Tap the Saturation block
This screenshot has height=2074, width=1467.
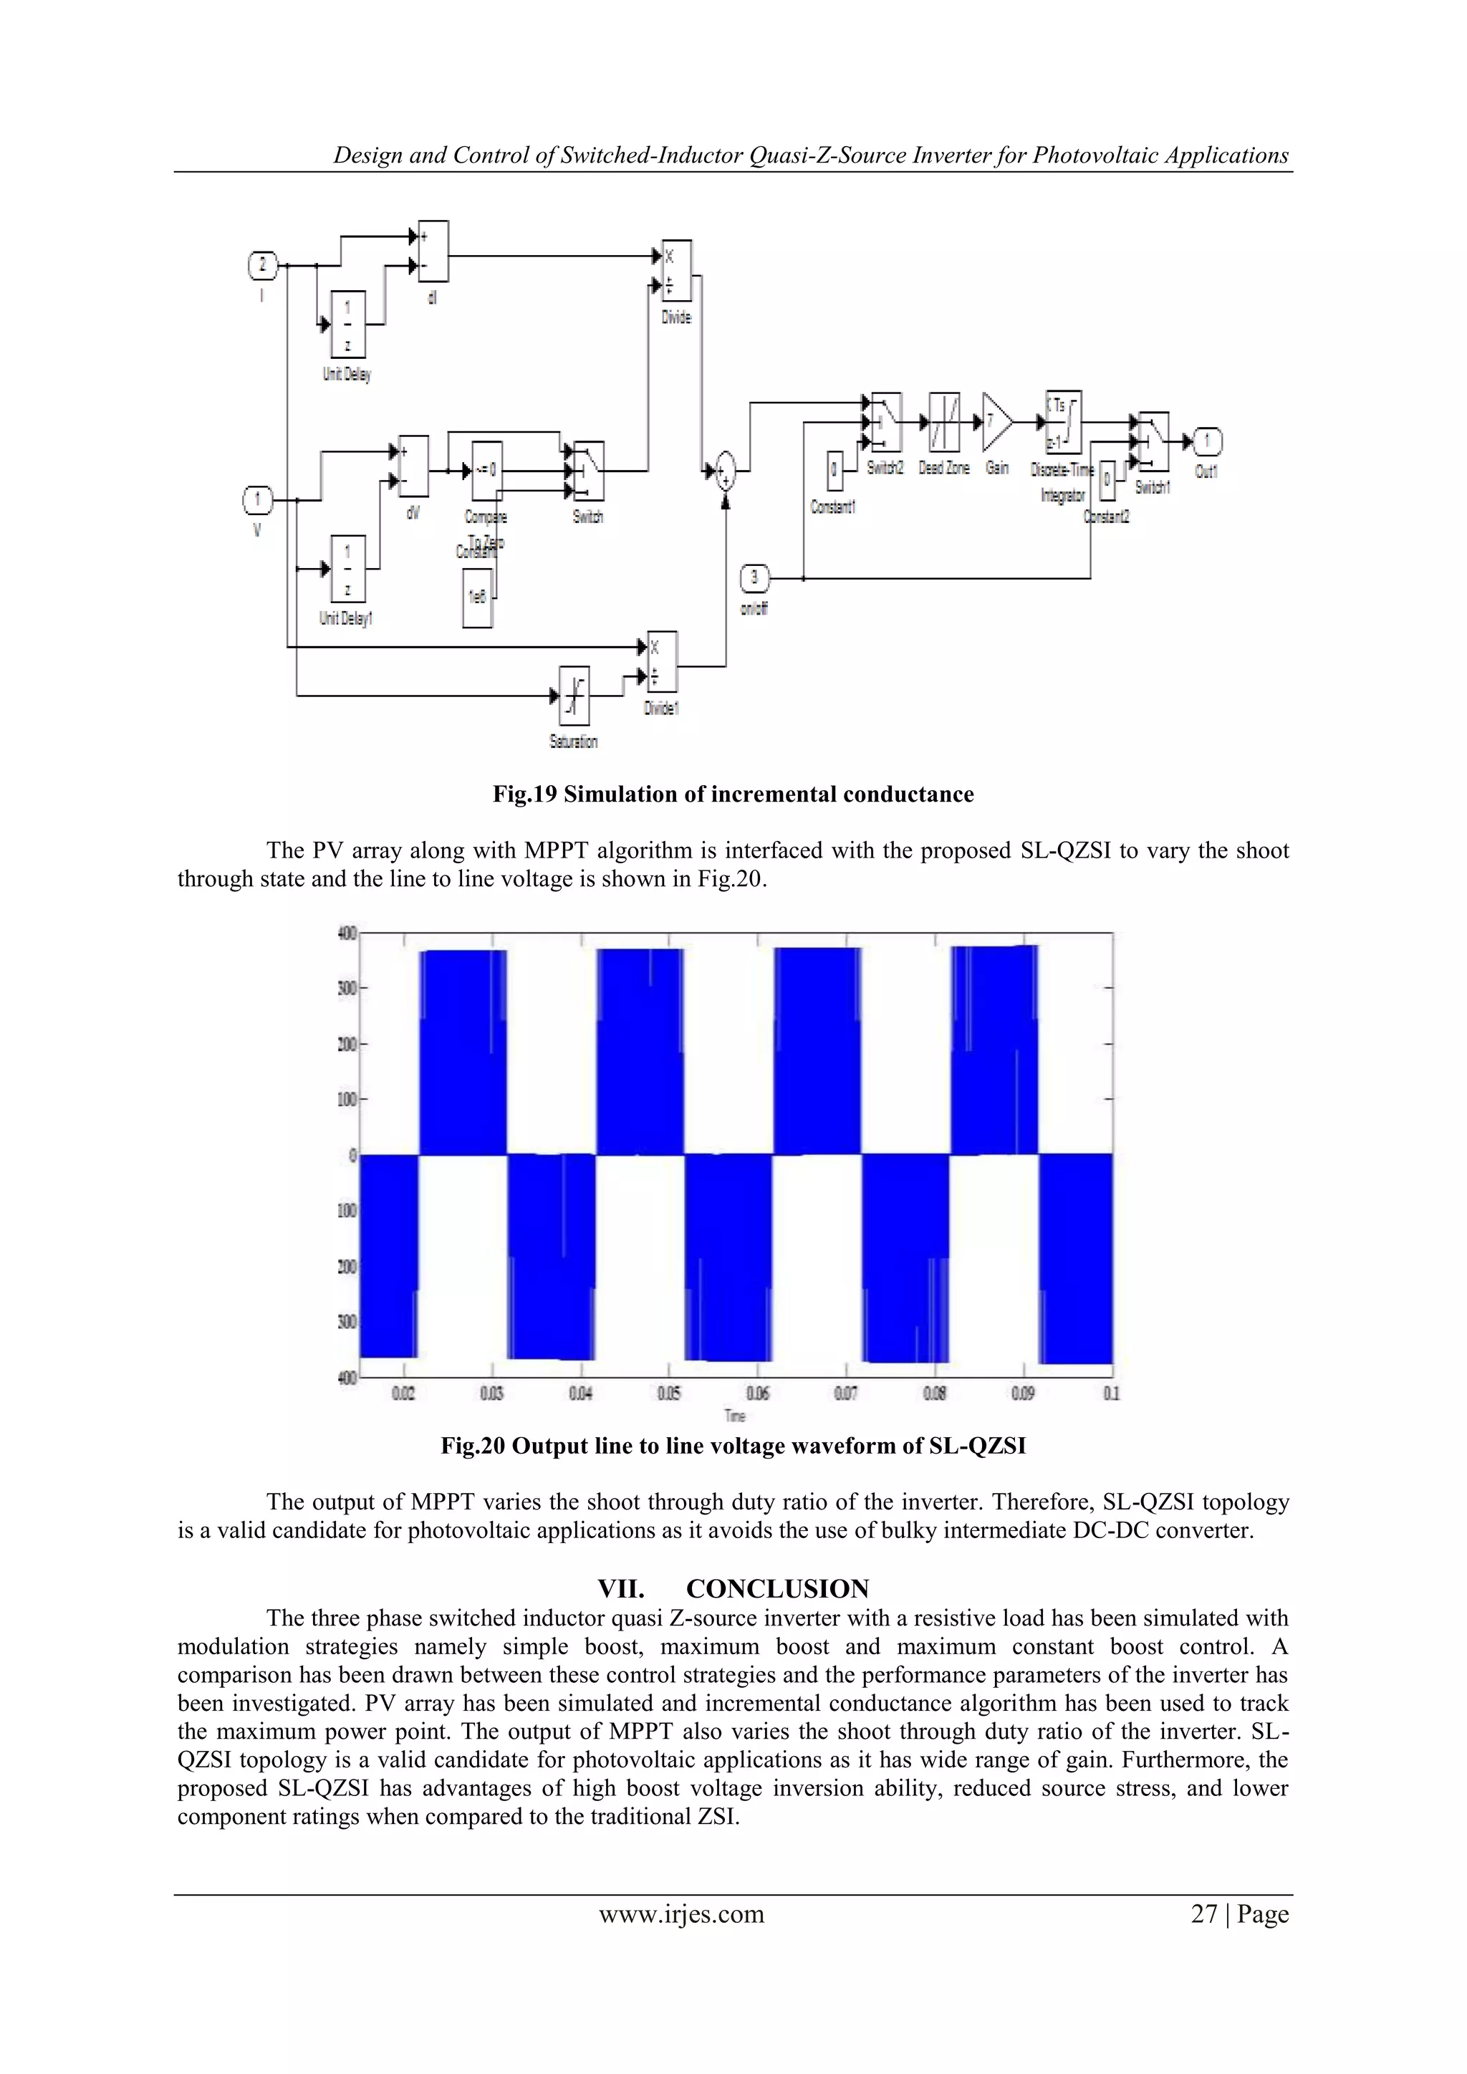574,696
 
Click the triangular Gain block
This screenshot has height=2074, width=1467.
996,422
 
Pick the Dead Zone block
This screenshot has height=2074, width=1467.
945,422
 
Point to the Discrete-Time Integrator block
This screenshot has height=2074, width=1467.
1063,422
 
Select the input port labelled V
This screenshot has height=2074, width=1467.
257,499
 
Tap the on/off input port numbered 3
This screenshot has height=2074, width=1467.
755,578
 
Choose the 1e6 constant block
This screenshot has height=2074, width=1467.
478,597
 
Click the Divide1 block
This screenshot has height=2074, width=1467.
662,661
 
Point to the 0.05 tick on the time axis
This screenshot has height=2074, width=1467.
668,1394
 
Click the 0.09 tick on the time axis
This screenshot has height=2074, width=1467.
1023,1394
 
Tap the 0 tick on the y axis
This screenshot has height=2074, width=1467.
353,1156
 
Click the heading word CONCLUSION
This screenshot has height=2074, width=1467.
777,1589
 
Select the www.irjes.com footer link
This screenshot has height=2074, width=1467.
682,1914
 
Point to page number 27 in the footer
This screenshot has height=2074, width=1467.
1205,1914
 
